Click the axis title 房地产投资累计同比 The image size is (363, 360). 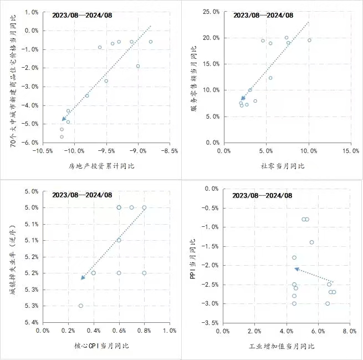(101, 166)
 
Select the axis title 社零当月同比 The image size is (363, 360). (283, 166)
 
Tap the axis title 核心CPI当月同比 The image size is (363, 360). (101, 346)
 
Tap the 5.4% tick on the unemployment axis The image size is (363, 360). (31, 322)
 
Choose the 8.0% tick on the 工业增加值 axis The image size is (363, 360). (349, 331)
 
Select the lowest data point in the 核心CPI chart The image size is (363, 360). (81, 306)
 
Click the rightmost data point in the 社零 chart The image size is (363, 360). (309, 40)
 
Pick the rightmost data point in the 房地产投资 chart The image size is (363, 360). (151, 42)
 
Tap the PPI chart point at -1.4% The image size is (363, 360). (311, 242)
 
